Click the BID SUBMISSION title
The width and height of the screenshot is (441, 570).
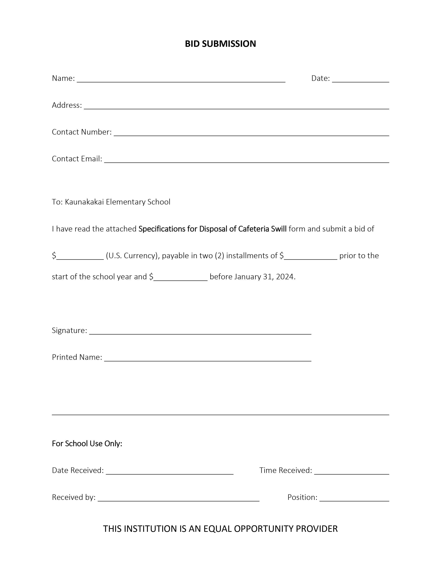pyautogui.click(x=220, y=44)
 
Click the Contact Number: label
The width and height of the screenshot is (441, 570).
pyautogui.click(x=81, y=132)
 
